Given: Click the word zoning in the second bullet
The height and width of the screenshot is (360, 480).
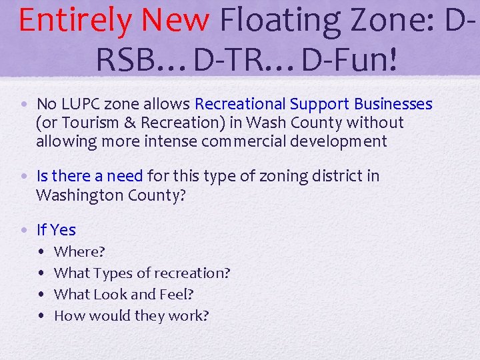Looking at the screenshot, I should [283, 176].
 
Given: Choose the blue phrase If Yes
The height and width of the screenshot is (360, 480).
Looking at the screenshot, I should [56, 230].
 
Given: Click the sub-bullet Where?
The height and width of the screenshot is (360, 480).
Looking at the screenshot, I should [79, 252].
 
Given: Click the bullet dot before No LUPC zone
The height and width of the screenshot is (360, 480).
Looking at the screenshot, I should [24, 105].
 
